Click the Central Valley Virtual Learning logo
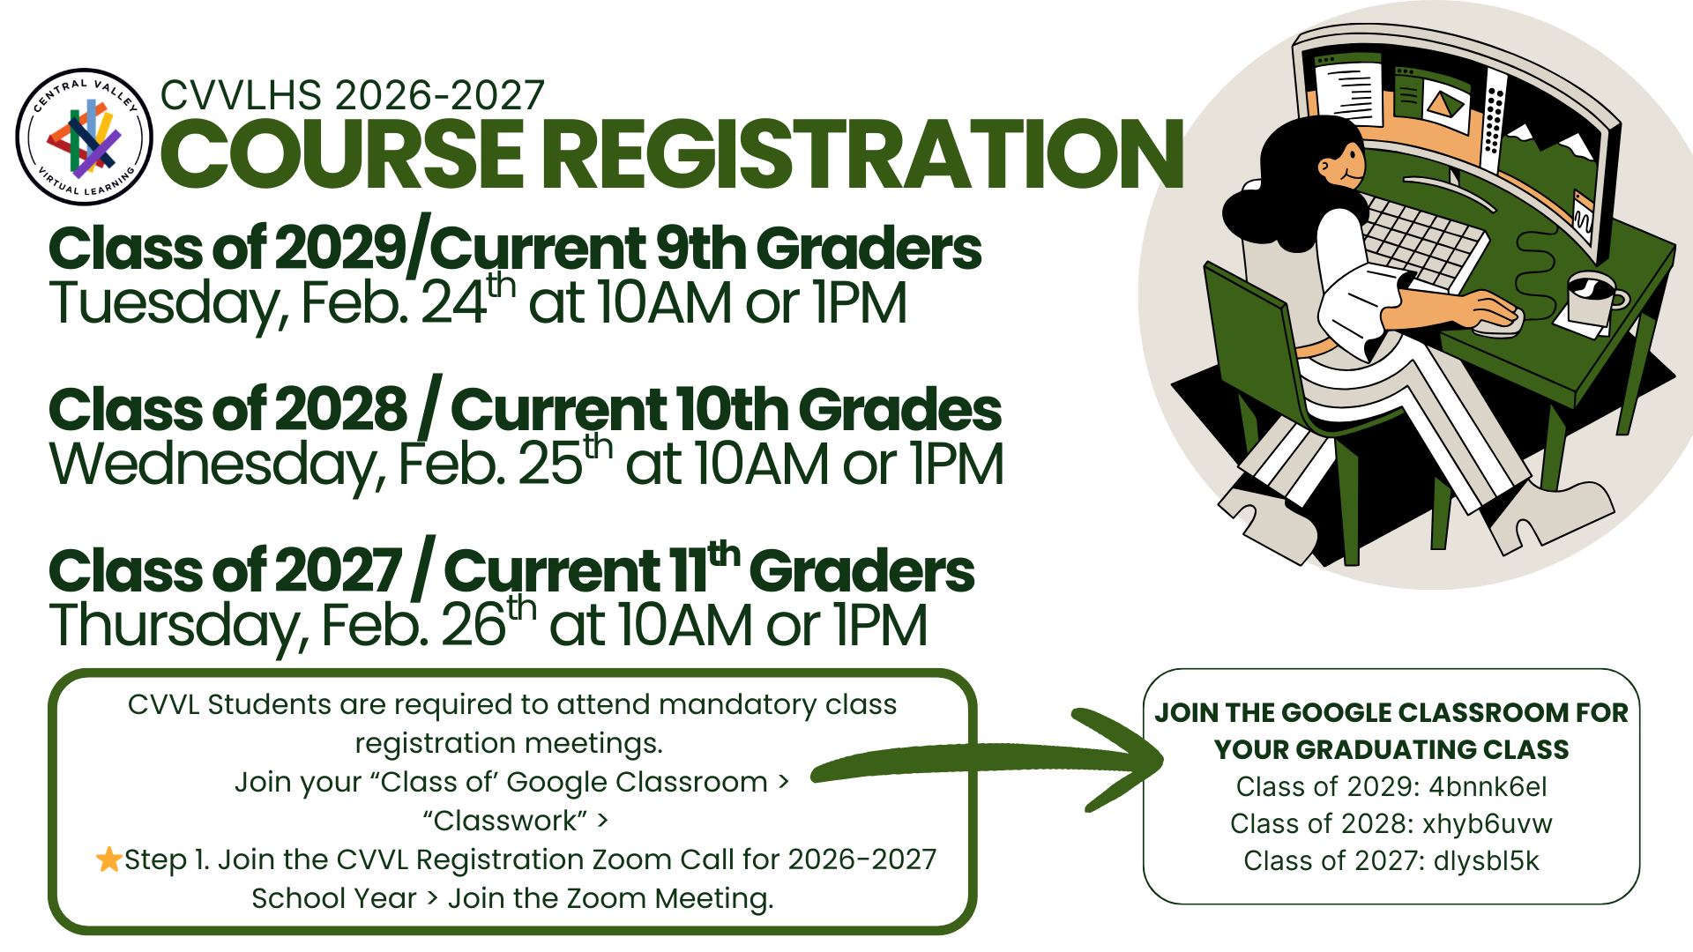(x=84, y=137)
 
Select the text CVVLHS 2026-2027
(x=353, y=95)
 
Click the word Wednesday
(x=216, y=465)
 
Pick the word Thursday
(x=176, y=626)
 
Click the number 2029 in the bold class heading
(x=340, y=249)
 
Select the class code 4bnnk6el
(x=1488, y=786)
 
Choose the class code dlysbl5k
(x=1486, y=860)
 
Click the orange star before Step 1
(x=109, y=859)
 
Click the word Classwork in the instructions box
(x=504, y=821)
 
